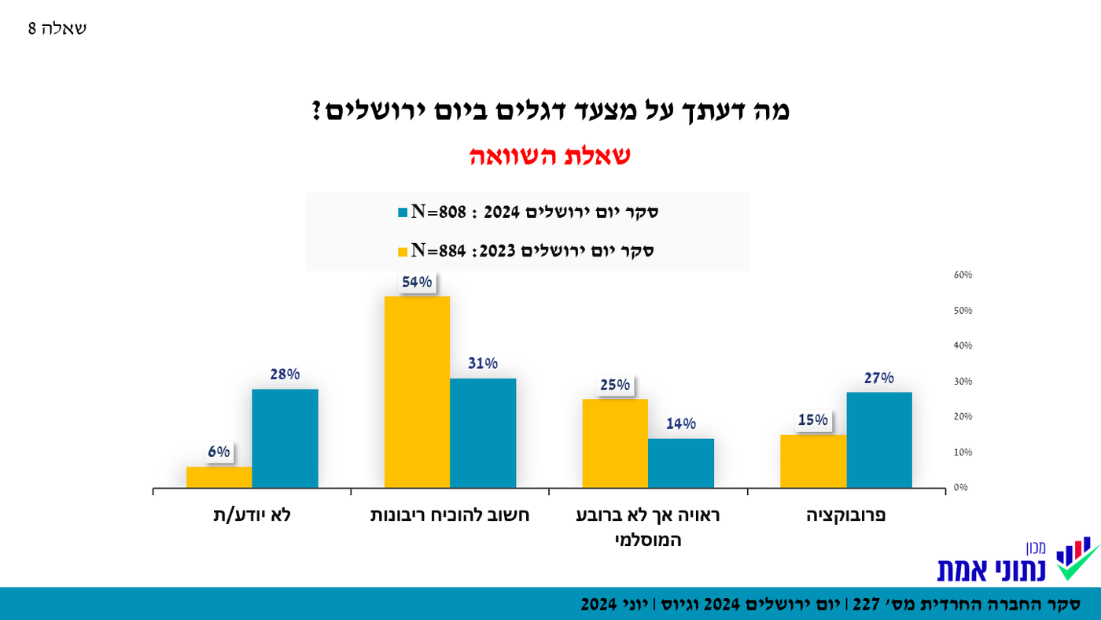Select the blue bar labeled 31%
pyautogui.click(x=483, y=433)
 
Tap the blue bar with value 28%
pyautogui.click(x=285, y=438)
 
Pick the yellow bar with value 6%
pyautogui.click(x=219, y=477)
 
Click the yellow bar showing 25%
pyautogui.click(x=615, y=443)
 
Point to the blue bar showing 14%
pyautogui.click(x=681, y=463)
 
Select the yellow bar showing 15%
pyautogui.click(x=813, y=461)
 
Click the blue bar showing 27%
pyautogui.click(x=879, y=440)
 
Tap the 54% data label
pyautogui.click(x=417, y=282)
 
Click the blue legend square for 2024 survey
pyautogui.click(x=403, y=212)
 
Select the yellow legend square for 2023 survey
pyautogui.click(x=403, y=252)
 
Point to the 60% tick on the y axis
pyautogui.click(x=963, y=275)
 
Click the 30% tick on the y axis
pyautogui.click(x=963, y=382)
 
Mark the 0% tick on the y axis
pyautogui.click(x=960, y=488)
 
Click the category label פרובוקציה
pyautogui.click(x=846, y=516)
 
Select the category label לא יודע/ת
pyautogui.click(x=252, y=516)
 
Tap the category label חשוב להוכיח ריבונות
pyautogui.click(x=450, y=516)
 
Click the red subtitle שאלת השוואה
pyautogui.click(x=550, y=156)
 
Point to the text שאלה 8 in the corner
pyautogui.click(x=57, y=29)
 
